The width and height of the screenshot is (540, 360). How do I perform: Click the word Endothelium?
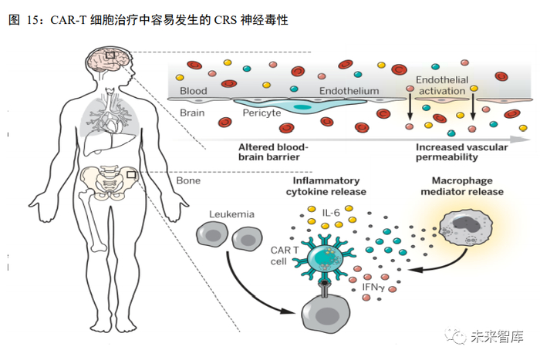(x=349, y=91)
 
